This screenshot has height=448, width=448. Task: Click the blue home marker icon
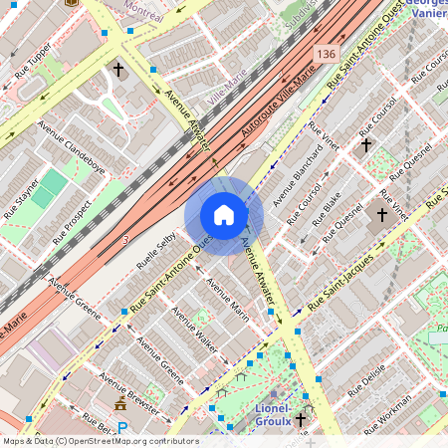click(224, 215)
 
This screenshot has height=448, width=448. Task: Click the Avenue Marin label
click(228, 300)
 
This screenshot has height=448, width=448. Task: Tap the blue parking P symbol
click(122, 428)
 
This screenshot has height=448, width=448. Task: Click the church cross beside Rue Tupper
click(118, 71)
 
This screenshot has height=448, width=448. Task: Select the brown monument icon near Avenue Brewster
click(120, 404)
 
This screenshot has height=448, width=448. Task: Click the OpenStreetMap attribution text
click(100, 440)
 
